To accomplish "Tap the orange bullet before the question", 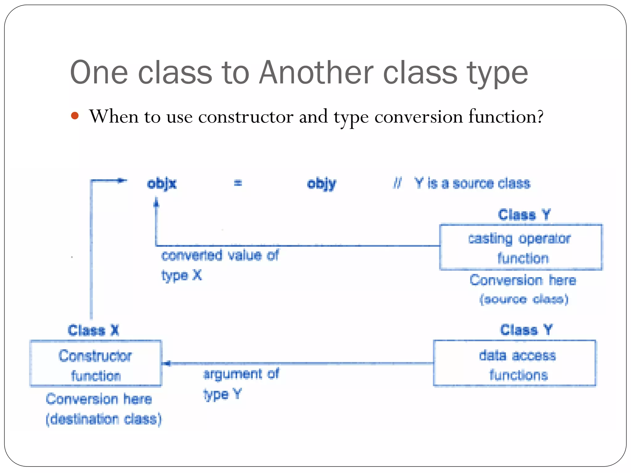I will (75, 116).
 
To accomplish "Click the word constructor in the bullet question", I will (246, 117).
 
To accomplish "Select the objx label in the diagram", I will (161, 184).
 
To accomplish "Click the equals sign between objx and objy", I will (238, 183).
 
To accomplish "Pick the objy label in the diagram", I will (321, 184).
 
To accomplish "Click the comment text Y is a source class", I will (472, 183).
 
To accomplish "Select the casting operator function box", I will (521, 248).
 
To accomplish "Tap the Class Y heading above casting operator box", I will (524, 215).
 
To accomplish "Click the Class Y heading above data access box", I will (526, 330).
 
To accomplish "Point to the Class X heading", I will (93, 330).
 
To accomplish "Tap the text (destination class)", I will (104, 419).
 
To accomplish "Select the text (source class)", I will (524, 299).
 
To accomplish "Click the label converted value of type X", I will (219, 264).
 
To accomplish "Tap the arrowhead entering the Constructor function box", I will (167, 364).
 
